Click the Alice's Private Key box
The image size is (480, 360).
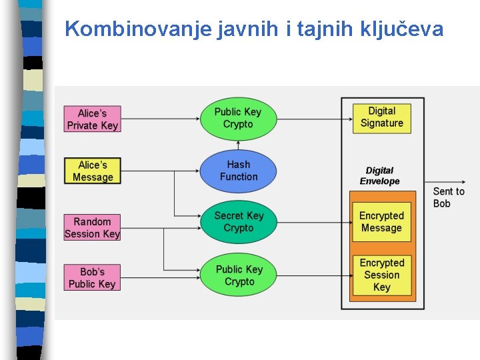(92, 119)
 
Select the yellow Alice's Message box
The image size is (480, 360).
(92, 171)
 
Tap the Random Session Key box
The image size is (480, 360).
(92, 227)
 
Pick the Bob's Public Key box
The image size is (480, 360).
(92, 278)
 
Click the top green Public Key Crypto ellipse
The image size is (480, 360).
(238, 118)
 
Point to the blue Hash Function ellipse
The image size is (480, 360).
(238, 171)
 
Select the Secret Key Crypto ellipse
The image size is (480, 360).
(238, 222)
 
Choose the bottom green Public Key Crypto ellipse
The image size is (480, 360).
(239, 275)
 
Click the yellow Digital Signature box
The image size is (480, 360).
(381, 117)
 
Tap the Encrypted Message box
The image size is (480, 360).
(381, 222)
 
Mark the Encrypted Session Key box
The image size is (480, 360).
(381, 275)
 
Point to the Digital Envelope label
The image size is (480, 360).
(379, 176)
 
